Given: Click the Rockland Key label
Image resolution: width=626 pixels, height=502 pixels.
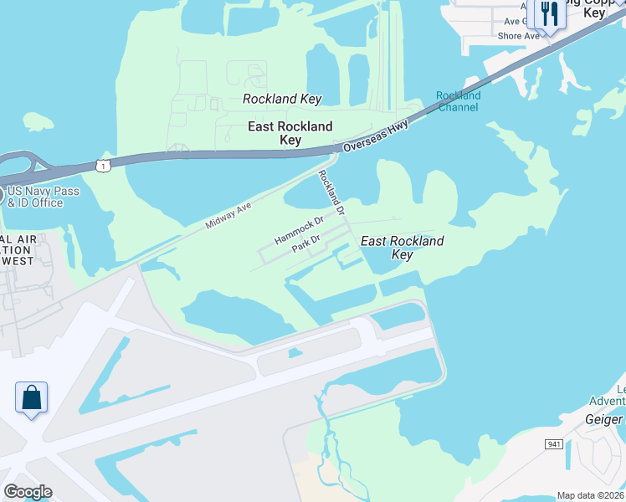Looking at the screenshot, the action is pyautogui.click(x=282, y=99).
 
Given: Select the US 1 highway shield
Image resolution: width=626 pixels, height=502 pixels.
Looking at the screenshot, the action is pyautogui.click(x=102, y=166).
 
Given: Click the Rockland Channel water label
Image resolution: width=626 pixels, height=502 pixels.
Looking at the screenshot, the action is pyautogui.click(x=459, y=101).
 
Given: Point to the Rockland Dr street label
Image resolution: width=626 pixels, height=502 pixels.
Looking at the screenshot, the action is pyautogui.click(x=331, y=193).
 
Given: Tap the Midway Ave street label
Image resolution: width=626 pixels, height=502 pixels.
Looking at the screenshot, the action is pyautogui.click(x=228, y=214).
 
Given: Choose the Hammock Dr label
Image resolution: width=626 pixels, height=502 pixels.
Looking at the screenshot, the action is pyautogui.click(x=299, y=231).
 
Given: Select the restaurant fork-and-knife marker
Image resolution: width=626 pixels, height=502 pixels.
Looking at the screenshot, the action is pyautogui.click(x=549, y=13).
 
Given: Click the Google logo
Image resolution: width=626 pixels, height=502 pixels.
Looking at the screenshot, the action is pyautogui.click(x=28, y=492).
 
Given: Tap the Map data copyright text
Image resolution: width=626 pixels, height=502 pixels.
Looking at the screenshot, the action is pyautogui.click(x=589, y=495).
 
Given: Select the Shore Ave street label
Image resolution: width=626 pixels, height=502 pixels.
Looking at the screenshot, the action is pyautogui.click(x=518, y=36).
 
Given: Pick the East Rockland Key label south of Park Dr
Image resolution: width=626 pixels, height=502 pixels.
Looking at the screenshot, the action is pyautogui.click(x=402, y=248).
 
